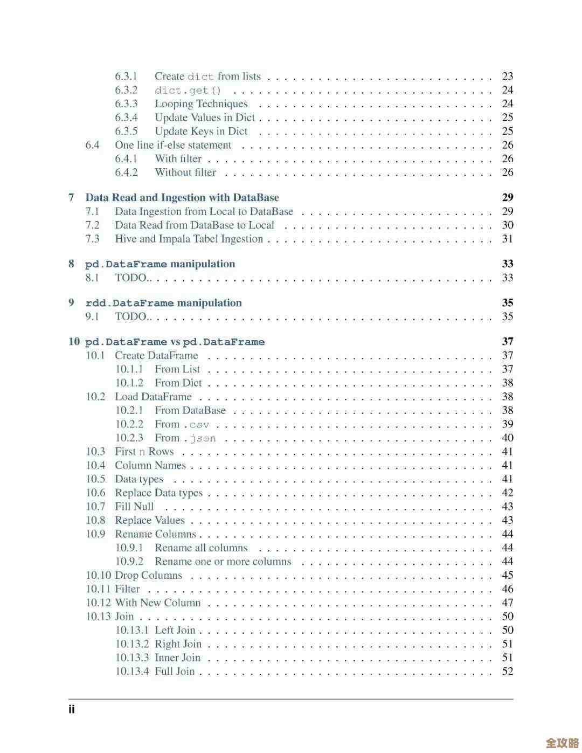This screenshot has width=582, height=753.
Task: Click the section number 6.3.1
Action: coord(126,77)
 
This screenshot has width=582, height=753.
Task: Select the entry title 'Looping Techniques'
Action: coord(201,104)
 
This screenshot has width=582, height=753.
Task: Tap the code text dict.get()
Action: coord(188,91)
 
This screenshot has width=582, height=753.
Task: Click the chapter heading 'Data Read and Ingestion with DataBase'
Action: coord(182,198)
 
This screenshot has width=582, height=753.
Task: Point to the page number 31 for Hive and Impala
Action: coord(508,239)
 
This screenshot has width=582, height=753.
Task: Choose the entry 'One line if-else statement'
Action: coord(173,145)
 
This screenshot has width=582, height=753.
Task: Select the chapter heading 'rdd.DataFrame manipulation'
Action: coord(164,303)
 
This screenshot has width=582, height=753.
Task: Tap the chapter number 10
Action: coord(74,342)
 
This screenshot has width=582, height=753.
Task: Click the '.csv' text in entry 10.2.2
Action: coord(196,425)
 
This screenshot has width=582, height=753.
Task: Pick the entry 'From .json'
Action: coord(185,438)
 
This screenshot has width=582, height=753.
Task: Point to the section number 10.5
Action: coord(95,479)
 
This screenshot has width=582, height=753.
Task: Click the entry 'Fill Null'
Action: coord(134,507)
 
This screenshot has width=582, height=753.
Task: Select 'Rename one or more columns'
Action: coord(223,562)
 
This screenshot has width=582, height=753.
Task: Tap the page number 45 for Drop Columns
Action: coord(508,576)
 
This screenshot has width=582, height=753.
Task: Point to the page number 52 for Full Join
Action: coord(508,672)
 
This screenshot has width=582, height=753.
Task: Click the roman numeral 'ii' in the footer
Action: coord(72,709)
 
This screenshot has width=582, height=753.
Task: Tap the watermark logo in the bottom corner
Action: coord(562,743)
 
